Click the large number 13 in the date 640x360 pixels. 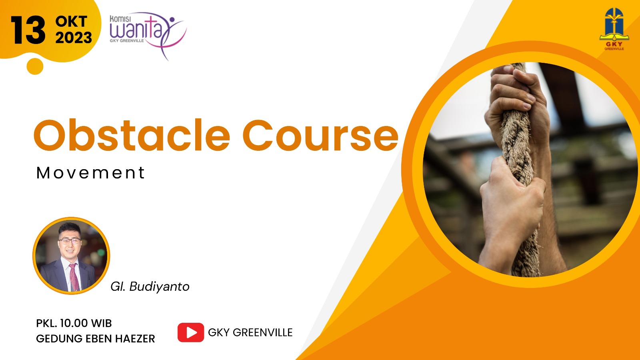[28, 30]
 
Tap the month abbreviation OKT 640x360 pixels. [71, 22]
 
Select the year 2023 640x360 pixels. [74, 38]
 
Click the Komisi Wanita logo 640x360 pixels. [148, 35]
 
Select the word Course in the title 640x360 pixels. [320, 135]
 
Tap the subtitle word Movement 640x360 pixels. [90, 172]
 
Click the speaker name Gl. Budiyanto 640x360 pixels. [150, 286]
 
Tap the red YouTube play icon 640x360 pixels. [190, 332]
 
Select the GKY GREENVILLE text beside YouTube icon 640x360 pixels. [250, 332]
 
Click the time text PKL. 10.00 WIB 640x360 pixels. [74, 323]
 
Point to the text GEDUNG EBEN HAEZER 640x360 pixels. [96, 338]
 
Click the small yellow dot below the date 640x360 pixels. [35, 66]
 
